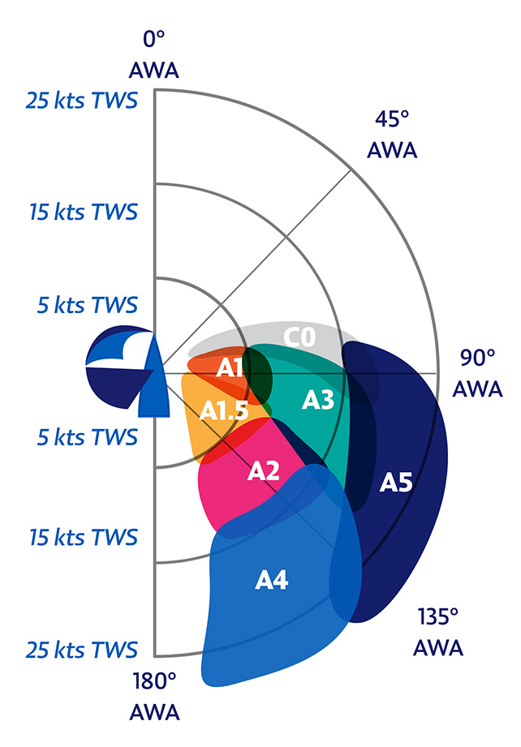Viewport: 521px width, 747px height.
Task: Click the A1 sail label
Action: tap(230, 367)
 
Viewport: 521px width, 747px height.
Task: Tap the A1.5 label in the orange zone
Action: tap(224, 410)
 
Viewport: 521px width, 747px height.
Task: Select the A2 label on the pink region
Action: tap(264, 470)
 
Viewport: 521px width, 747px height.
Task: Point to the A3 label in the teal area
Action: tap(318, 400)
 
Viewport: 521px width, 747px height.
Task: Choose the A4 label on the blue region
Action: tap(271, 580)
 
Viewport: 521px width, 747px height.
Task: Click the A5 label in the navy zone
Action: tap(396, 483)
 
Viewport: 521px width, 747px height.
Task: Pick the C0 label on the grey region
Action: tap(299, 337)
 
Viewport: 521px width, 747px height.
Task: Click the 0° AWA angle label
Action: tap(153, 54)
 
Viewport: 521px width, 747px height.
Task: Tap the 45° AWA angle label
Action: tap(392, 135)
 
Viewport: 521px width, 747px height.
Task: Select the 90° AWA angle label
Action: tap(477, 373)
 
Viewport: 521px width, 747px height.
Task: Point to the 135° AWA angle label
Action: tap(438, 632)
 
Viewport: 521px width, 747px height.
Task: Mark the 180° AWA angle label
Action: tap(154, 697)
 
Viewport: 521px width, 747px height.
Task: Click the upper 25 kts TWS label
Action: tap(81, 101)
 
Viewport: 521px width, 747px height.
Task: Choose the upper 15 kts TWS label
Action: tap(84, 212)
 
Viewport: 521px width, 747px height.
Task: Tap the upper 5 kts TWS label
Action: tap(88, 305)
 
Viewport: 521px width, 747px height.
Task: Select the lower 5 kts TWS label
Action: tap(88, 437)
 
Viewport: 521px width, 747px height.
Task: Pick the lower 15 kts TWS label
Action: tap(84, 537)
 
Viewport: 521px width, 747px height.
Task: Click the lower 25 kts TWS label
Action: tap(81, 650)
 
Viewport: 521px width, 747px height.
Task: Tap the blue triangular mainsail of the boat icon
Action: tap(154, 376)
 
